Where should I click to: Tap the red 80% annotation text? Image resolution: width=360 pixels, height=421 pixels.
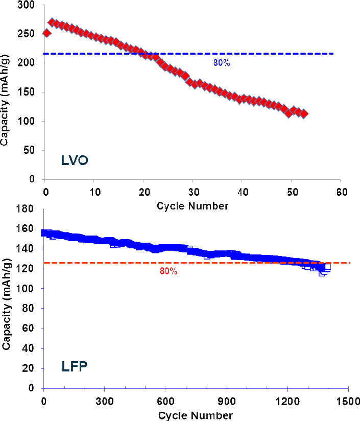click(169, 271)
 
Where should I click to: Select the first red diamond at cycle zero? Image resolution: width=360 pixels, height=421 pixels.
click(46, 33)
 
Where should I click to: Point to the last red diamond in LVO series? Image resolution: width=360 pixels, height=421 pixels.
click(304, 113)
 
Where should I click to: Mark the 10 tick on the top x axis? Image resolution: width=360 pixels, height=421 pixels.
click(94, 192)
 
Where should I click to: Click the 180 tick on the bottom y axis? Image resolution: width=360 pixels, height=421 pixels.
click(30, 209)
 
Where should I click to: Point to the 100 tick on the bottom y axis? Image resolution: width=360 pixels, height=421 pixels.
click(30, 289)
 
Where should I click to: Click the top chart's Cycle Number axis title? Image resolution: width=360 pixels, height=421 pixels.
click(193, 206)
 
